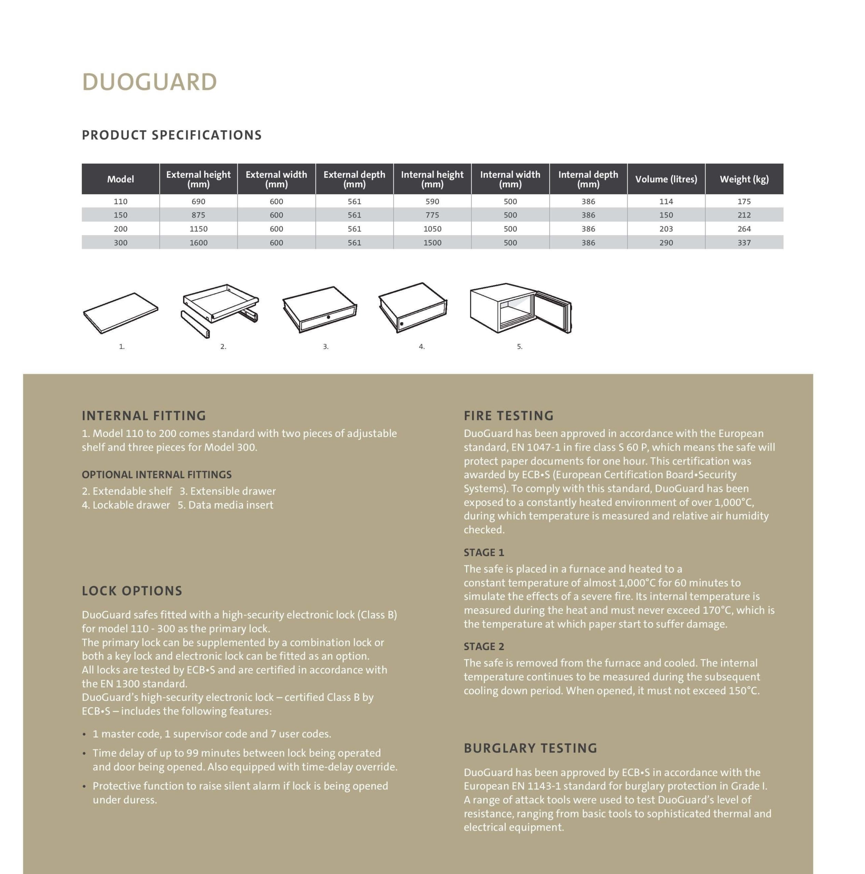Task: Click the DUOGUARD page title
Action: pos(149,82)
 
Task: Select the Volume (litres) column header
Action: pos(666,179)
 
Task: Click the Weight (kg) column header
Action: pos(744,179)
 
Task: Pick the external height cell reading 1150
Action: pos(198,229)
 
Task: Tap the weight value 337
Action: pos(744,243)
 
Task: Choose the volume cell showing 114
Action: pos(666,201)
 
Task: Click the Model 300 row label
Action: pos(120,243)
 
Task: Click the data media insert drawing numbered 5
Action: pos(520,309)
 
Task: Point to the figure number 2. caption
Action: pos(223,347)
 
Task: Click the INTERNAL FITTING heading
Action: pos(144,416)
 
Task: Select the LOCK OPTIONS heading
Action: pos(132,591)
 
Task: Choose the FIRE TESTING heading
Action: pos(508,416)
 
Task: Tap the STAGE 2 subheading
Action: pos(484,646)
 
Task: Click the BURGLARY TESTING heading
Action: pos(530,748)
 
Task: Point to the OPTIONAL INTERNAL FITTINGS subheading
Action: pos(156,475)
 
